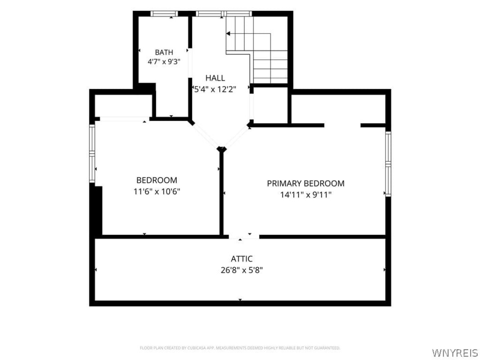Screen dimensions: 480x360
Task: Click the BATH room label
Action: tap(164, 52)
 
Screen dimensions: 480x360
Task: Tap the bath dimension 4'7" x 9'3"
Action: tap(164, 62)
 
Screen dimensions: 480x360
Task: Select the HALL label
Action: tap(215, 78)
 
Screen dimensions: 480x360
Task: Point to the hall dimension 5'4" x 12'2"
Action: tap(215, 90)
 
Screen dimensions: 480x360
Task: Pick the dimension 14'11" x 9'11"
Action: tap(306, 195)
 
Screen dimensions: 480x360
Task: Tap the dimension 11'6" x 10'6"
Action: tap(157, 192)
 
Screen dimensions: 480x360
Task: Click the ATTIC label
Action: tap(242, 259)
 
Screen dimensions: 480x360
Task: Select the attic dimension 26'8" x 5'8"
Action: tap(242, 270)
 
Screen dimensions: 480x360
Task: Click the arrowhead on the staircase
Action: tap(228, 33)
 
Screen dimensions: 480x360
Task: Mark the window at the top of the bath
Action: tap(164, 13)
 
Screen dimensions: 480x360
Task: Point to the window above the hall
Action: tap(224, 13)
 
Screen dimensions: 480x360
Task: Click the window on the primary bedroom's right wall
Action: tap(388, 164)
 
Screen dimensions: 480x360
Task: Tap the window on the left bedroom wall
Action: tap(92, 153)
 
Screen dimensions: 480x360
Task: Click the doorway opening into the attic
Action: tap(244, 237)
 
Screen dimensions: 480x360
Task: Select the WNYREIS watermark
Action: tap(455, 352)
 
